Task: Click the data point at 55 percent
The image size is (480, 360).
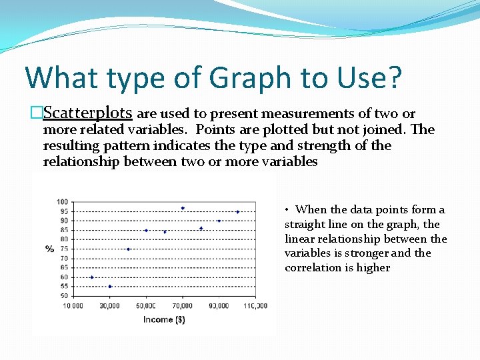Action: coord(110,287)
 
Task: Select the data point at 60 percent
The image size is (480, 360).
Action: coord(92,277)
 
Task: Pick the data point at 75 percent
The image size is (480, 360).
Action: coord(128,249)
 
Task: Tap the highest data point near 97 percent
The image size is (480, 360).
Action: coord(183,208)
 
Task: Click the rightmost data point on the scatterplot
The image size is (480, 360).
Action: coord(237,212)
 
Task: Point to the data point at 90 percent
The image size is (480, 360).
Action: coord(219,221)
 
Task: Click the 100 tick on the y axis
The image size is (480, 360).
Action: coord(63,201)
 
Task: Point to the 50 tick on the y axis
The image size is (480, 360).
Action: coord(64,295)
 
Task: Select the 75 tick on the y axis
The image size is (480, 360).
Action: coord(64,249)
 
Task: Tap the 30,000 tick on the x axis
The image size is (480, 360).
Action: coord(109,306)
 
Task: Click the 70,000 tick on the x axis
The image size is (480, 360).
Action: coord(182,306)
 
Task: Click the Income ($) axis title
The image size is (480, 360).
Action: coord(164,320)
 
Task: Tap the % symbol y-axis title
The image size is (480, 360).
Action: coord(49,249)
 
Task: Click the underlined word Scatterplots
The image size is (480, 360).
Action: coord(87,114)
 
